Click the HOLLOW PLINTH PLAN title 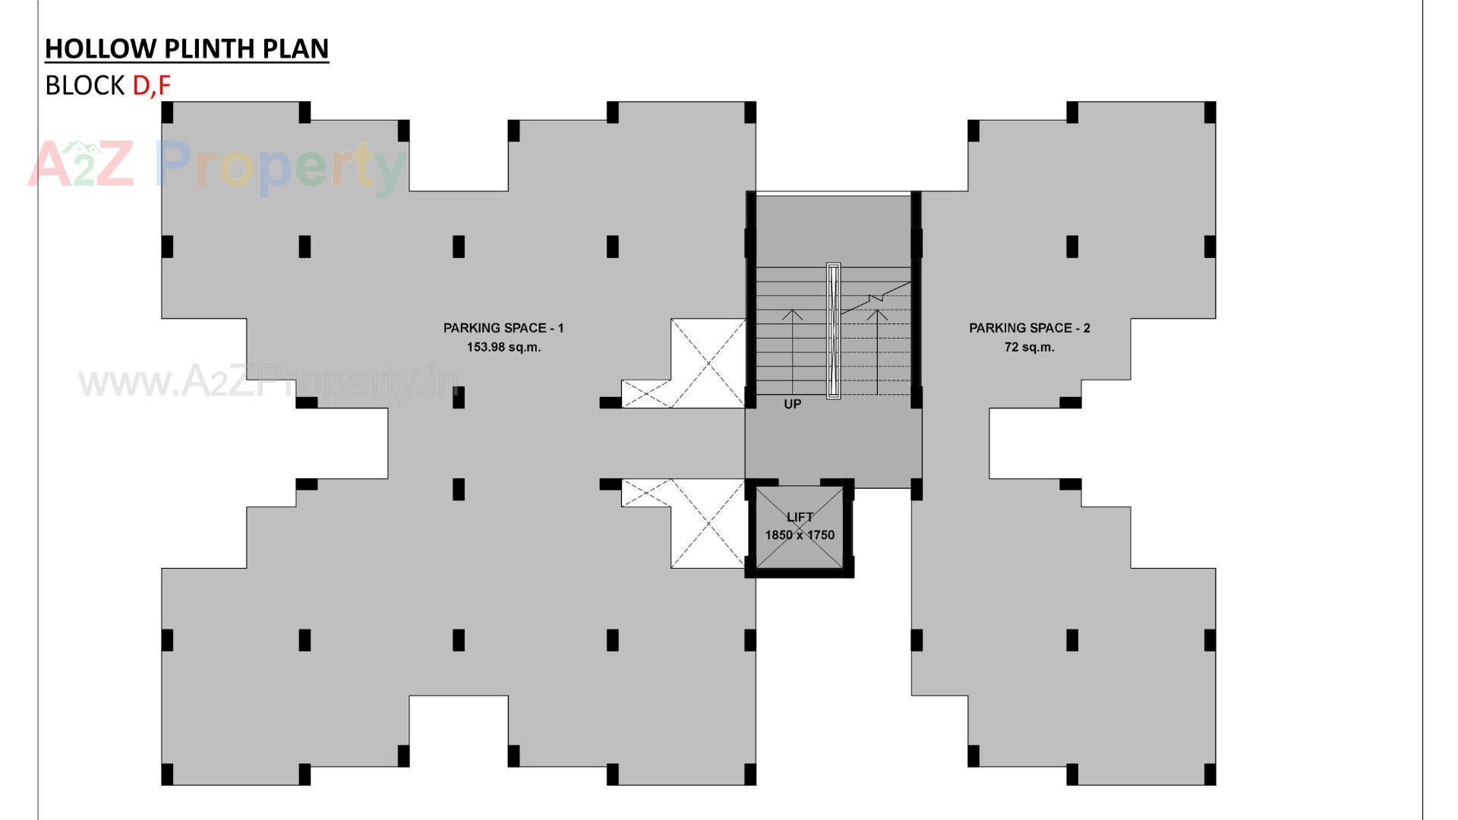coord(187,49)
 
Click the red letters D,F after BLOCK coord(151,86)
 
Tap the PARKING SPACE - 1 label coord(503,328)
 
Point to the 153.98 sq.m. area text coord(503,347)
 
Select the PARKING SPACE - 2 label coord(1029,328)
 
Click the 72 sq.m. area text coord(1029,347)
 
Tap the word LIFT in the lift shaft coord(800,517)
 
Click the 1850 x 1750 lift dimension coord(800,535)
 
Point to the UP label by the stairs coord(792,404)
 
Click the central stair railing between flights coord(833,330)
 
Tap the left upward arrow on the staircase coord(792,349)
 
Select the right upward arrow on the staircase coord(877,349)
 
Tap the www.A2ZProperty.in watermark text coord(270,381)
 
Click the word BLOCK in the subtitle coord(85,86)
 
